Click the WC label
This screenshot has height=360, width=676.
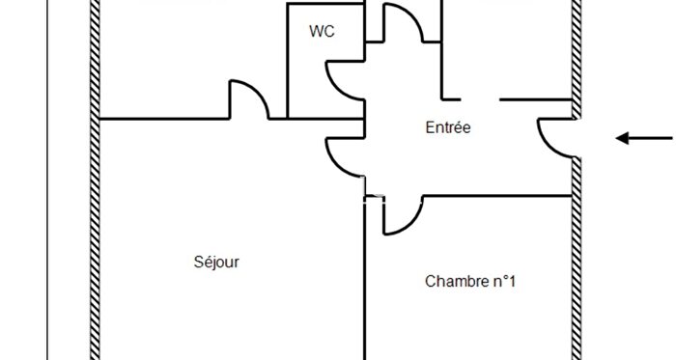322,31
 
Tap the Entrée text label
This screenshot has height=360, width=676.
447,126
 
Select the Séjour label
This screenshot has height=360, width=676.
216,262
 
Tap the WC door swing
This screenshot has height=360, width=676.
343,79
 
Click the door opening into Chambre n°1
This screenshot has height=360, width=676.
401,216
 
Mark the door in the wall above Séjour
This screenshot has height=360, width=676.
248,99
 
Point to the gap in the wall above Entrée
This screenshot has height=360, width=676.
480,99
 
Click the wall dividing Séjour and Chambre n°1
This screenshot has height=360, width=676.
364,290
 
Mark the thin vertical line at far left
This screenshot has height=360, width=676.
47,193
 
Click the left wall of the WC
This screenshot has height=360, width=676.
289,58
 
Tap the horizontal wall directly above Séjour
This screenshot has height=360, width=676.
164,119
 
